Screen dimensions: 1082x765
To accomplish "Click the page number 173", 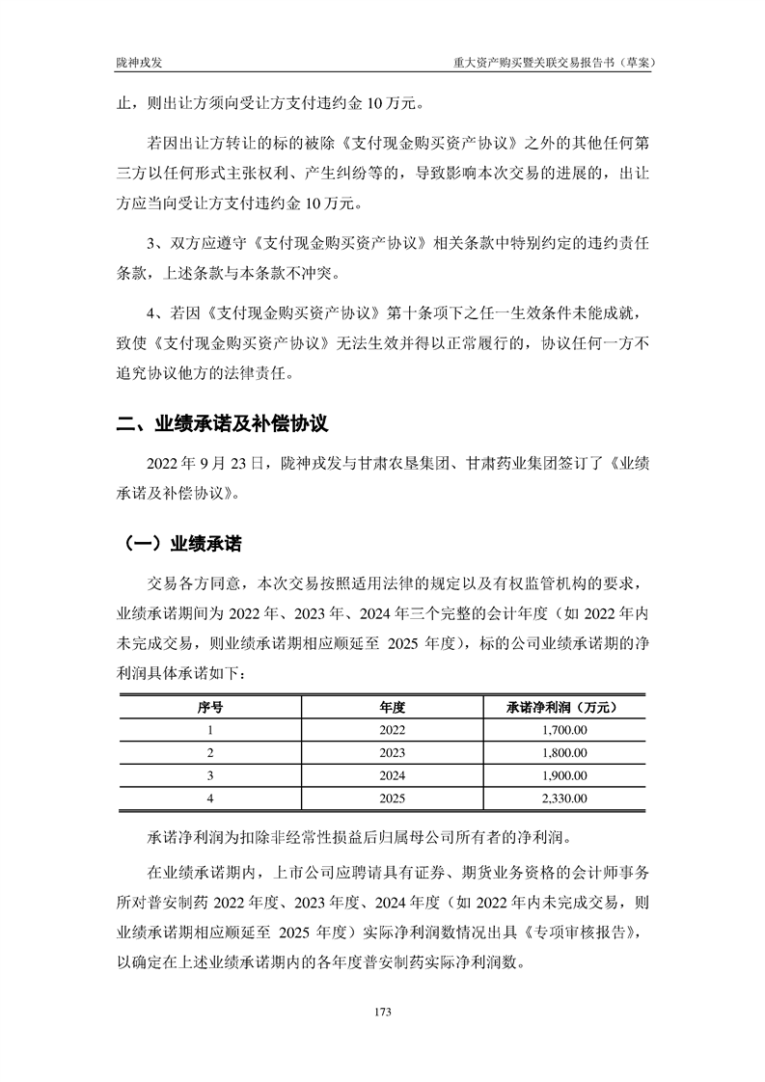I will [382, 1012].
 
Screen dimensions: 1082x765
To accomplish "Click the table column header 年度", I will [393, 707].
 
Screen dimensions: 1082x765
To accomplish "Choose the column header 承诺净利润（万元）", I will [560, 707].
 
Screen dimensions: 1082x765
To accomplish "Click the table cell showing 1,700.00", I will [560, 730].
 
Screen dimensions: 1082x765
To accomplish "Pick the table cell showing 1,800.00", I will [560, 752].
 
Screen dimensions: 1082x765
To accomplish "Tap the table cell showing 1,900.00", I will [560, 775].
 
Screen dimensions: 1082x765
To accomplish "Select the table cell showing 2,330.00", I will [560, 798].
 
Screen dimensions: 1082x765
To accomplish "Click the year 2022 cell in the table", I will [393, 730].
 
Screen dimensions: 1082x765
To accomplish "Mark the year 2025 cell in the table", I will [393, 798].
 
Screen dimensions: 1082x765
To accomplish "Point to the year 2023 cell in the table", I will [393, 752].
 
